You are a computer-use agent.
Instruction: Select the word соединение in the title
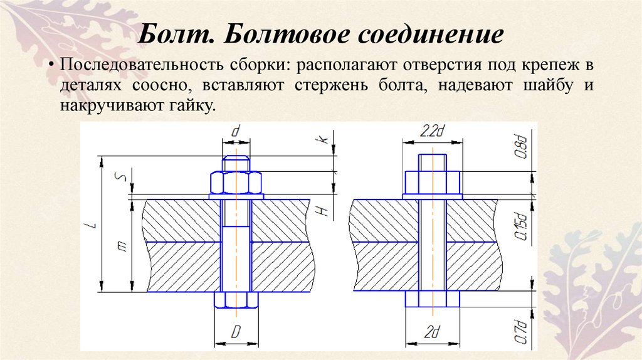[x=431, y=34]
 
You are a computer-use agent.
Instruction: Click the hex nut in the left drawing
[x=236, y=184]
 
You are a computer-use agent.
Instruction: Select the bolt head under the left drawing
[x=236, y=299]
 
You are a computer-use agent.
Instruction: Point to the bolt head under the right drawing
[x=432, y=299]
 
